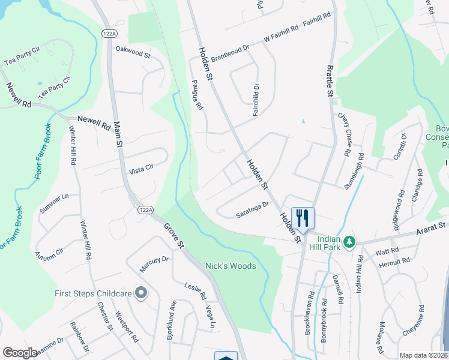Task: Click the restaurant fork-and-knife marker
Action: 302,218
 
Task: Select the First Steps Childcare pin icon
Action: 141,293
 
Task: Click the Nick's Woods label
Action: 231,266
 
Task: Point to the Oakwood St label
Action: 133,53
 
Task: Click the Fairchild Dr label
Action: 256,100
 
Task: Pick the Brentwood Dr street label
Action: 230,50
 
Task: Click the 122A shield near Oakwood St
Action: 109,34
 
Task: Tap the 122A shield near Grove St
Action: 145,209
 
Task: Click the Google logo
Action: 20,353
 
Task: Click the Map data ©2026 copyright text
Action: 423,355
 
